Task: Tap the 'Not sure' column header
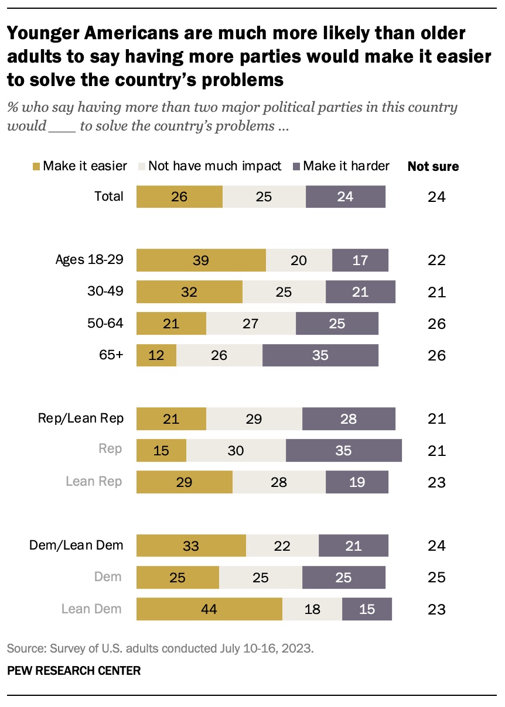433,167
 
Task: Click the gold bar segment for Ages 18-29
201,260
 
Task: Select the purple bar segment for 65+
320,355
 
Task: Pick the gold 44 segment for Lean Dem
209,609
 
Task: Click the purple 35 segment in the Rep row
343,451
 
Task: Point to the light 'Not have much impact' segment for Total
264,197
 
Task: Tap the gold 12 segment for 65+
156,355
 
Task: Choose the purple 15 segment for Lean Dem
367,609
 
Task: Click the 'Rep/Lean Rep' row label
81,418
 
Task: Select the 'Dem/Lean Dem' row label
77,545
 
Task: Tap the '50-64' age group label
105,323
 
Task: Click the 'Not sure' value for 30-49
436,292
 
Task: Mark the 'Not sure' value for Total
436,197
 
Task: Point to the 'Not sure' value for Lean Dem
436,609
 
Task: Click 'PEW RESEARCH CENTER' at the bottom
74,671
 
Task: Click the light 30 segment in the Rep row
236,451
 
